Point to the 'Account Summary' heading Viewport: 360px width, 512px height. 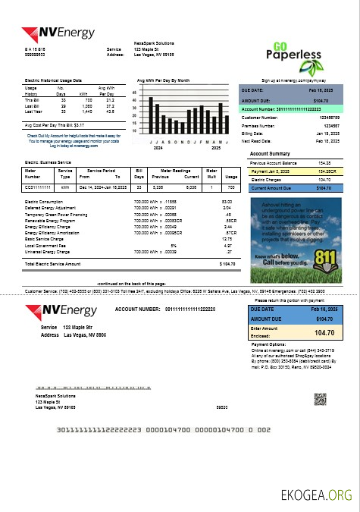click(271, 153)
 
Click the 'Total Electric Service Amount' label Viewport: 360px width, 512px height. click(52, 263)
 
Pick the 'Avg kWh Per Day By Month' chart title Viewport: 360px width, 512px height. click(163, 80)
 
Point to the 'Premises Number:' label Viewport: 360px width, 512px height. click(261, 125)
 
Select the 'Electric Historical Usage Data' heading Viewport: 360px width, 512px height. click(53, 80)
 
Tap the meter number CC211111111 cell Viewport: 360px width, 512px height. click(39, 184)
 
